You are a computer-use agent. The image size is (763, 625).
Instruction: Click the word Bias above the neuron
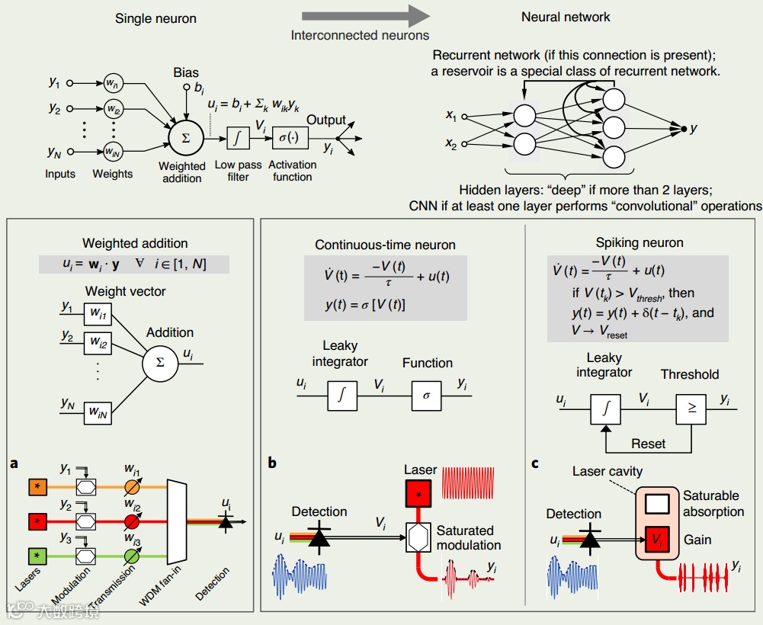pos(186,72)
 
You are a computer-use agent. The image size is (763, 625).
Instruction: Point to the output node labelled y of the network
pos(684,129)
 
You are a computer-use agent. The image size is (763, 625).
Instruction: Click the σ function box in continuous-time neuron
pos(426,396)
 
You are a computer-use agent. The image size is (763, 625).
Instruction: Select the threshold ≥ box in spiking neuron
pos(691,409)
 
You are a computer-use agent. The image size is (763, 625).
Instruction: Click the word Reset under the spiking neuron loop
pos(648,444)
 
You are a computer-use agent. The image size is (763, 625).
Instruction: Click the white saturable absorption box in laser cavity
pos(657,503)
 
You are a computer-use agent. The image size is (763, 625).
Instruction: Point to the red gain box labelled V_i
pos(657,539)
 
